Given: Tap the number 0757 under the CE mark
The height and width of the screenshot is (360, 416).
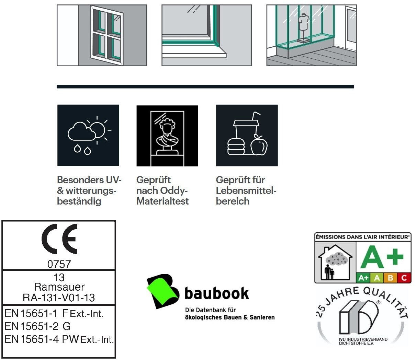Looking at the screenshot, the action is (59, 264).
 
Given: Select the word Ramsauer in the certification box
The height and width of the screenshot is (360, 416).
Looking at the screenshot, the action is (59, 287).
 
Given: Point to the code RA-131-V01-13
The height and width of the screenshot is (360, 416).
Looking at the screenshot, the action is (59, 298).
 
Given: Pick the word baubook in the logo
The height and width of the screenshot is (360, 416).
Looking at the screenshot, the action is (216, 293).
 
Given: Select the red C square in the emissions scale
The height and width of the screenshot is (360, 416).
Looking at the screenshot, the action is (404, 278).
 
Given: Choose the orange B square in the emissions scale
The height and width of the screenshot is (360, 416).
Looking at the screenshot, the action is (391, 278).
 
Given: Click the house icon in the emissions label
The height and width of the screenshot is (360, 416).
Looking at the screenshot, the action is (335, 263).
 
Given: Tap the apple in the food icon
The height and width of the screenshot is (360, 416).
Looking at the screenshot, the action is (259, 146).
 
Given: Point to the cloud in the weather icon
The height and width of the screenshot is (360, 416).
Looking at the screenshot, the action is (82, 132).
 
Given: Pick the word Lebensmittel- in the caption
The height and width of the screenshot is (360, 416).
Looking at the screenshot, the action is (246, 190).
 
